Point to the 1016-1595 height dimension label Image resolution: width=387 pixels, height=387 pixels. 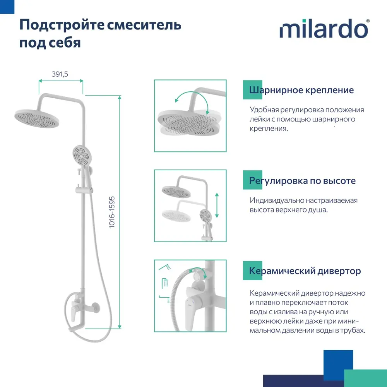click(112, 212)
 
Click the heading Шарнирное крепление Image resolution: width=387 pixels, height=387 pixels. click(301, 90)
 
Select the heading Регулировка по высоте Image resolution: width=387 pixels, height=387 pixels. click(302, 181)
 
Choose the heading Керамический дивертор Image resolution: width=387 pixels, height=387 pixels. click(305, 271)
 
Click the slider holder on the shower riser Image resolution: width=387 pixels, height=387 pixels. click(84, 190)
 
